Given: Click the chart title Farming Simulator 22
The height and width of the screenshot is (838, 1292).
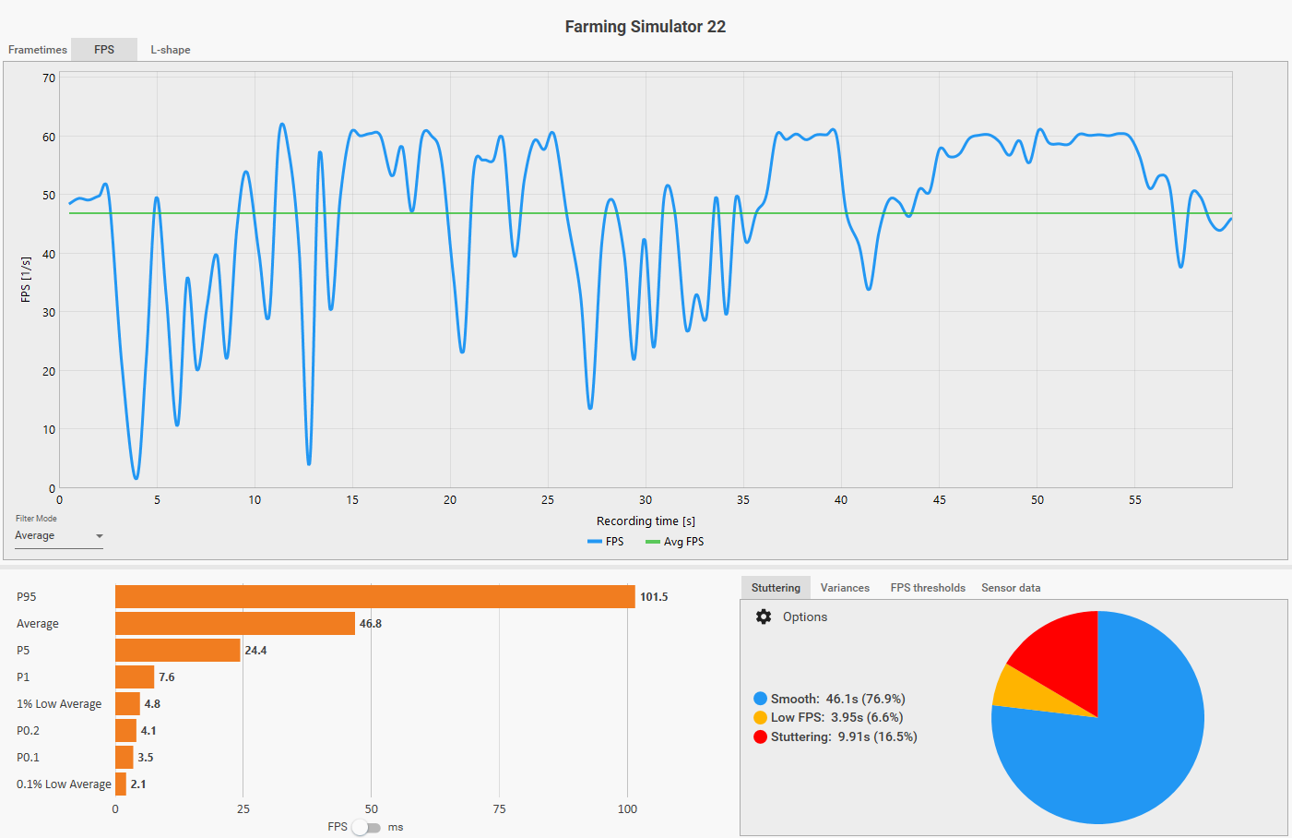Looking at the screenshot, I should (x=645, y=27).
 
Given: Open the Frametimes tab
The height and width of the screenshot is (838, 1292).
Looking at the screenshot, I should (x=38, y=50).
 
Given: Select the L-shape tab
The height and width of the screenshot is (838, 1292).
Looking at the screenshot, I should (x=171, y=50).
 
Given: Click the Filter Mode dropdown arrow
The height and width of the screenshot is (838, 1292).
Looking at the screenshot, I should (x=100, y=536).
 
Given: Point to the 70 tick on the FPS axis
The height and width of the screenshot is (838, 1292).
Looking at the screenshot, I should (x=49, y=78).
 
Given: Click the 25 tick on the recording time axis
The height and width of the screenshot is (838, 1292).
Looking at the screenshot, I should (x=548, y=500).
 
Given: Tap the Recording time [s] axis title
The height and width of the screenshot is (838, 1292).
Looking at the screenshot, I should (x=646, y=521).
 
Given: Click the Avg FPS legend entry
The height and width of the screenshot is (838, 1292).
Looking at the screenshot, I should (x=675, y=542).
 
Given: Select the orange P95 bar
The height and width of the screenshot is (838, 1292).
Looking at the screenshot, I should (x=374, y=597).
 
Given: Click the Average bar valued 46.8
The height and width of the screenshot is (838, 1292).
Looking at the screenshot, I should (x=235, y=624).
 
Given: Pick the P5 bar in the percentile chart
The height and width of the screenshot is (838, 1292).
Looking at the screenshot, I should (x=177, y=651).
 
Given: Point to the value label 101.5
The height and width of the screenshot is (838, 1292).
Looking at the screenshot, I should (x=654, y=597).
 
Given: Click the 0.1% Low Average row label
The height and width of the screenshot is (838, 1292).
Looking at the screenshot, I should (x=64, y=784).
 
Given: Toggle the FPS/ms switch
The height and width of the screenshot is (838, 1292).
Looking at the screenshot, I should (x=366, y=827).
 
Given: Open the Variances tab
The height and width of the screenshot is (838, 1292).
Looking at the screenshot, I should (x=845, y=588).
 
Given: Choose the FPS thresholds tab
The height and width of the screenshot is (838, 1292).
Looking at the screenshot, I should (x=928, y=588).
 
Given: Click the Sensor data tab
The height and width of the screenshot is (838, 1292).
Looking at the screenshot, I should (x=1011, y=588).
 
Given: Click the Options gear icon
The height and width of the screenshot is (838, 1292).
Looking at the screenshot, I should (x=764, y=617).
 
